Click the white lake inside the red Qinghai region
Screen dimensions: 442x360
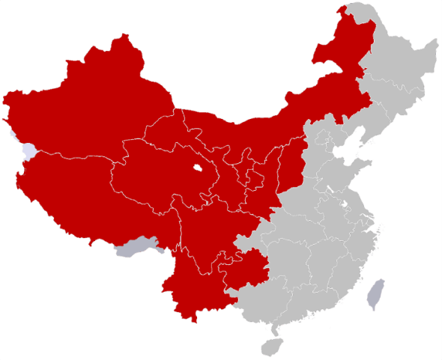tap(197, 169)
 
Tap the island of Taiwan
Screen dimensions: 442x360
tap(375, 294)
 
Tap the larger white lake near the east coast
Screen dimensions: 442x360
tap(345, 203)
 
